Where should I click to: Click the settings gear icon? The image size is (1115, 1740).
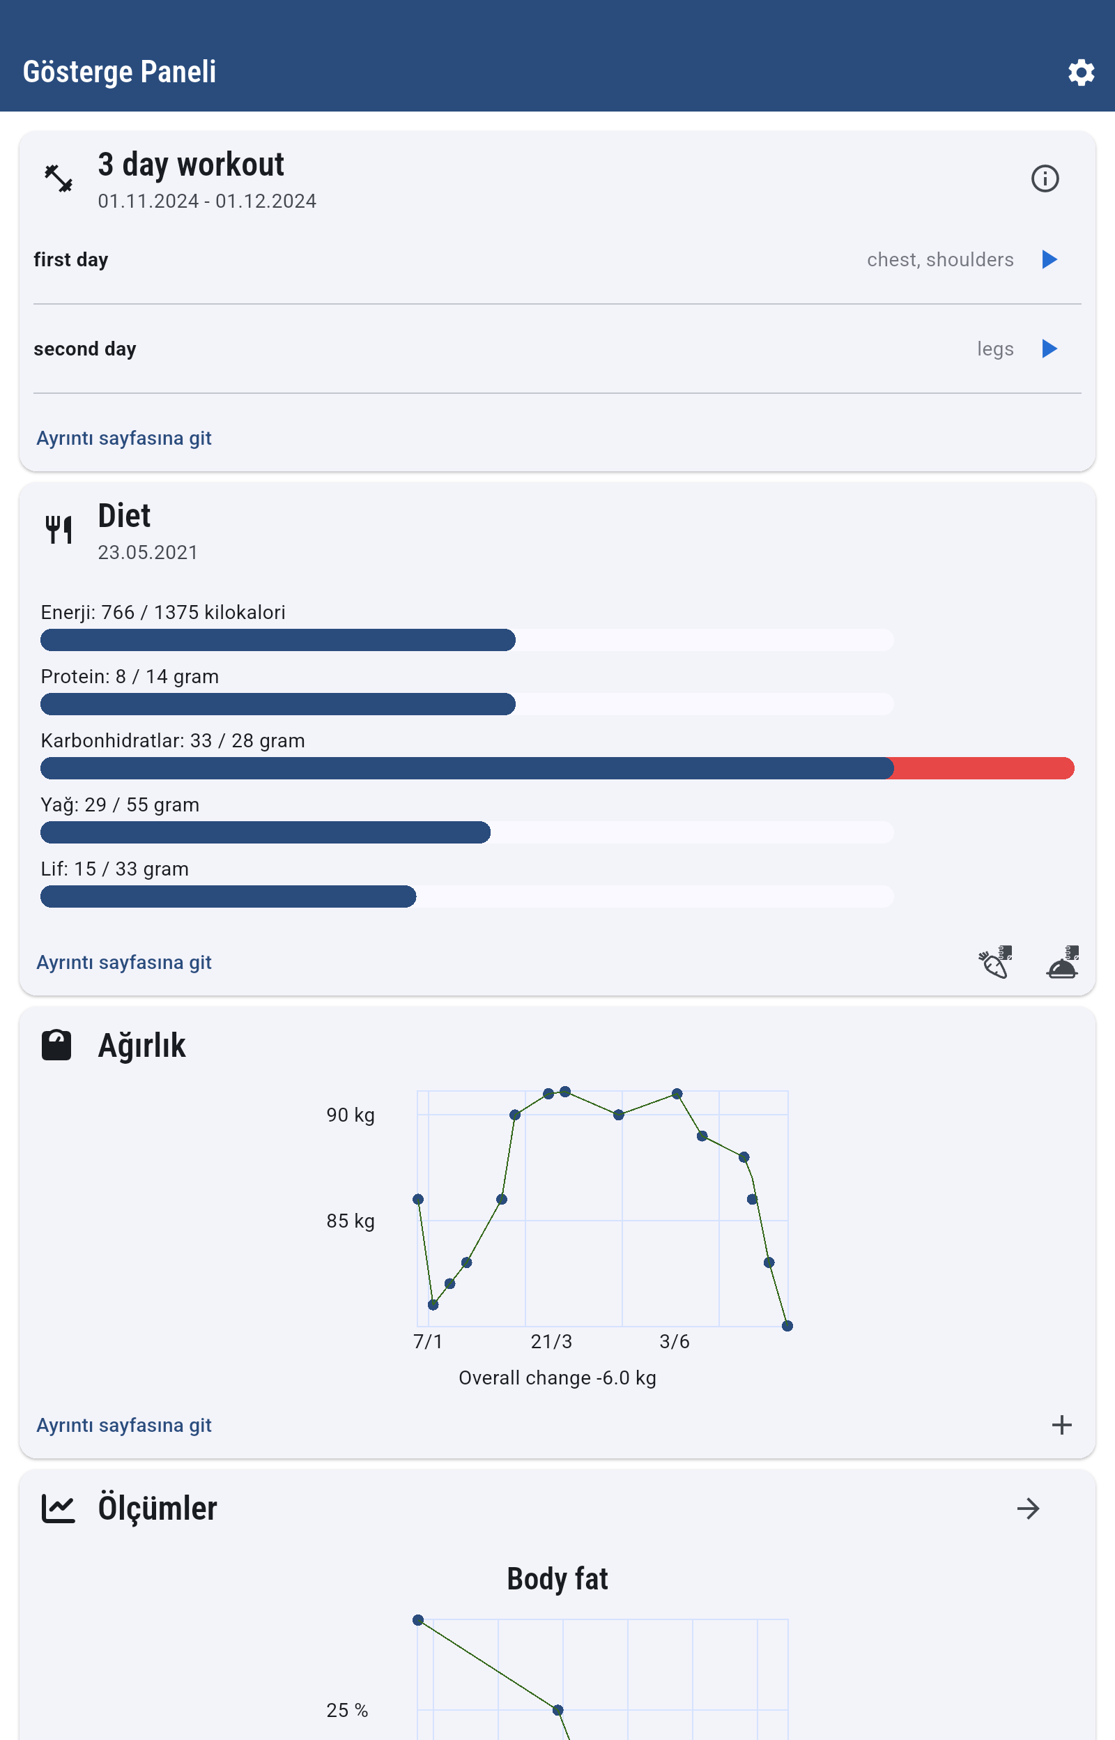tap(1080, 72)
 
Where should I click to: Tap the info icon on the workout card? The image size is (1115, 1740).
tap(1044, 178)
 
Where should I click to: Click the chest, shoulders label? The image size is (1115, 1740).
tap(940, 259)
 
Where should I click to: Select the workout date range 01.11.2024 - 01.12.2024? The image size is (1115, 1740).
tap(207, 201)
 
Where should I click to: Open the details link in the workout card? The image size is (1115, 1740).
tap(124, 438)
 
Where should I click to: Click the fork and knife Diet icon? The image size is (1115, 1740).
tap(59, 529)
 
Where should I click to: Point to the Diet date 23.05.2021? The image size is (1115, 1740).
tap(148, 553)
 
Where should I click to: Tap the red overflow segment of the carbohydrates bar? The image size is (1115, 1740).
tap(983, 768)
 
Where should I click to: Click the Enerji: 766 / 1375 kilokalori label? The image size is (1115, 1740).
tap(163, 613)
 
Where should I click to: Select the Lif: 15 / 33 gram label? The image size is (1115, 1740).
tap(114, 869)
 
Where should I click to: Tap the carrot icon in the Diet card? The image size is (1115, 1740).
tap(995, 962)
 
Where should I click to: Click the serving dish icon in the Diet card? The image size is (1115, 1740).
tap(1062, 962)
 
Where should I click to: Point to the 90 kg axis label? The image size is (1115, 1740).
tap(351, 1115)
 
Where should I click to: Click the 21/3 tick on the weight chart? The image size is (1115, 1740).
tap(551, 1342)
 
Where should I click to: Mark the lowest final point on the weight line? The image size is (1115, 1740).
tap(787, 1326)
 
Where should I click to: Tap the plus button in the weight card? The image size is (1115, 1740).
tap(1061, 1425)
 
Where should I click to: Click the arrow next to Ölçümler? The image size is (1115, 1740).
tap(1027, 1509)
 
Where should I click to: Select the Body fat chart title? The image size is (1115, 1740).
tap(557, 1579)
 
